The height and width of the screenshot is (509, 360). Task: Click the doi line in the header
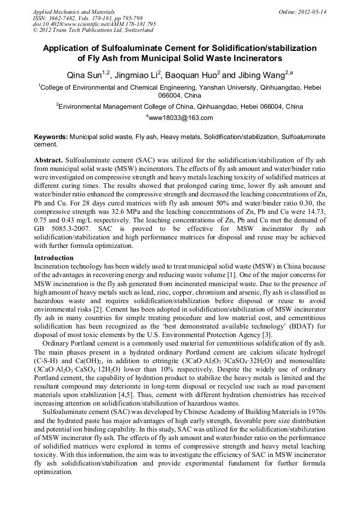pyautogui.click(x=94, y=24)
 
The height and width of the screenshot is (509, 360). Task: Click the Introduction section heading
pyautogui.click(x=54, y=258)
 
